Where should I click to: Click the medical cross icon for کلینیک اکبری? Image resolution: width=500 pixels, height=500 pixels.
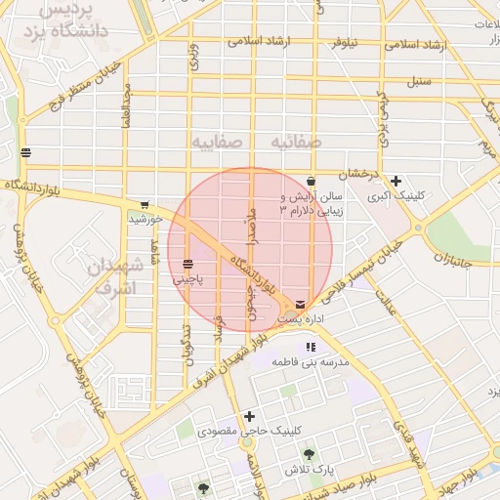point(396,181)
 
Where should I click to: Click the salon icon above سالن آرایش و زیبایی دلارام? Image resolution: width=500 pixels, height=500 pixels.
point(311,181)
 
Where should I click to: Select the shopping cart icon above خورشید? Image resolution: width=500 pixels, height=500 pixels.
point(145,205)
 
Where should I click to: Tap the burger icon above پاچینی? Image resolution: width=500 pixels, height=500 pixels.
point(187,264)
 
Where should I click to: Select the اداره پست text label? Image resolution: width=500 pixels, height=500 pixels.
point(301,319)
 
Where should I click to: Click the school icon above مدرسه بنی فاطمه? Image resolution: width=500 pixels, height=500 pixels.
point(311,347)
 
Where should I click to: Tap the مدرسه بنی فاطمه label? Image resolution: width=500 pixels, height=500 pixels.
point(314,362)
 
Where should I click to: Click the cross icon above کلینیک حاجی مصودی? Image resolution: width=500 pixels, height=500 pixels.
point(250,416)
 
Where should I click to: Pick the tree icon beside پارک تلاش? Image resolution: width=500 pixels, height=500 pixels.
point(309,454)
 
